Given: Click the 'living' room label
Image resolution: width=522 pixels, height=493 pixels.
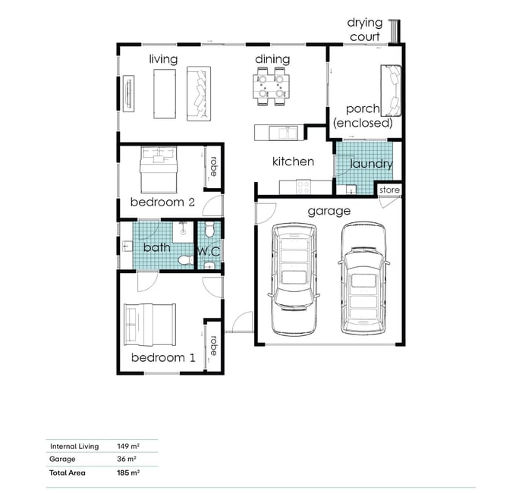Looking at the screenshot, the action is coord(163,59).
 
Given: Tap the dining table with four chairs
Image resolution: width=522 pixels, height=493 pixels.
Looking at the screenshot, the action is coord(271,86).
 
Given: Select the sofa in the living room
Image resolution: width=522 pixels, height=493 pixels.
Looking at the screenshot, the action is coord(199,93).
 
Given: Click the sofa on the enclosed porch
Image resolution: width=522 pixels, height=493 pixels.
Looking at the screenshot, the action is coord(391,90).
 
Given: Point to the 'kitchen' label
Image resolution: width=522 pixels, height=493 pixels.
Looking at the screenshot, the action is coord(293,162).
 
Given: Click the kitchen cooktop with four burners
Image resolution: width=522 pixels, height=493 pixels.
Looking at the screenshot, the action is coord(303,187).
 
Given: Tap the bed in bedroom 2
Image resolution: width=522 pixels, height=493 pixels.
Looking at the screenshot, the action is coord(158,170).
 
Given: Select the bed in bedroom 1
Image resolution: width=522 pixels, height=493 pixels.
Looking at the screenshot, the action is coord(149,325).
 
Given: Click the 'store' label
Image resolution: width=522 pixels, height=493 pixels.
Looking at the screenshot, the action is coord(389,190).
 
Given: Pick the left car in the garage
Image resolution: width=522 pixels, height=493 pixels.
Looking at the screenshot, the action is coord(294,279).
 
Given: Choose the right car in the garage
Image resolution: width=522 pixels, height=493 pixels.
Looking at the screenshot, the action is coord(364,278).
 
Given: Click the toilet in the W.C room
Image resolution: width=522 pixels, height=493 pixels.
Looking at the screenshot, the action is coord(209,230).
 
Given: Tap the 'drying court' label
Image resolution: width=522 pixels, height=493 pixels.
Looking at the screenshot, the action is coord(365,30).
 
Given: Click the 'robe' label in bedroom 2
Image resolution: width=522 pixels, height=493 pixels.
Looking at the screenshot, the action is coord(213,166).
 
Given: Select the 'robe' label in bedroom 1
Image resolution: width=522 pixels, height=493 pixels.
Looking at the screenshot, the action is coord(213,346).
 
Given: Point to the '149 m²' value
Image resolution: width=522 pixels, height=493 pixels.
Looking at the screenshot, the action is coord(128,447).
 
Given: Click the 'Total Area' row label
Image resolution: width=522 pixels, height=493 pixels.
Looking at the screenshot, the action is coord(68,473).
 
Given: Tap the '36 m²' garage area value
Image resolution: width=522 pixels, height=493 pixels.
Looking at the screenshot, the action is coord(127,459).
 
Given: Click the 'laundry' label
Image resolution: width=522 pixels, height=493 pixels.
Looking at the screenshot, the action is coord(372,164).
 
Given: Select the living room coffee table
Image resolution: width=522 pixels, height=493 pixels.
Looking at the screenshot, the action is coord(165,94).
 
